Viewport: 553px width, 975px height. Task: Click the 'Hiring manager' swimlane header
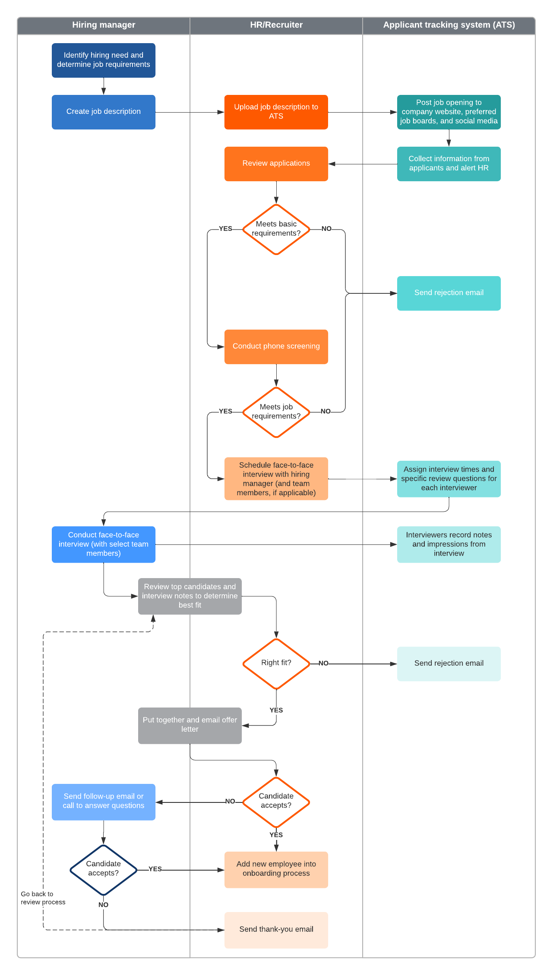[104, 25]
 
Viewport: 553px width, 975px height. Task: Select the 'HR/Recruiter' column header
[276, 25]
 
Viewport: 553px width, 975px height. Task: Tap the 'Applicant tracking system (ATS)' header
[449, 25]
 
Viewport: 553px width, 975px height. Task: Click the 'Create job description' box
[104, 112]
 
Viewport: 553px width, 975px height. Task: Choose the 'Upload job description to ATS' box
[276, 112]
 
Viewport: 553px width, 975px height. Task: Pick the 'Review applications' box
[276, 164]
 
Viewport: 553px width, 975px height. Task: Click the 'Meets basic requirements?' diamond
[276, 229]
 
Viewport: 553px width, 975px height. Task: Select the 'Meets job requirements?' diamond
[276, 412]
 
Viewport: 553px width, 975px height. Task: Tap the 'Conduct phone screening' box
[276, 346]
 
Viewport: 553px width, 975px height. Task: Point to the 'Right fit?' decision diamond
[276, 663]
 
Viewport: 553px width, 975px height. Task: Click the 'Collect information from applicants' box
[449, 164]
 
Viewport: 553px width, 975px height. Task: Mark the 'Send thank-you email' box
[276, 930]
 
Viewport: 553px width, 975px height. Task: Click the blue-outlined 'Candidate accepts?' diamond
[104, 869]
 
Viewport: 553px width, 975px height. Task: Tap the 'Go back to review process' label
[43, 898]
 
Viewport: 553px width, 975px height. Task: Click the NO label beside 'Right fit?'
[323, 663]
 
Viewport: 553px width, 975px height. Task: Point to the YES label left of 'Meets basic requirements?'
[225, 229]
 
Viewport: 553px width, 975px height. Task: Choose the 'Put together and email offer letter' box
[190, 725]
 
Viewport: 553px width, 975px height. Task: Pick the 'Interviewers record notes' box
[449, 544]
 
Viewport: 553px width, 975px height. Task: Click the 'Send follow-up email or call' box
[104, 802]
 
